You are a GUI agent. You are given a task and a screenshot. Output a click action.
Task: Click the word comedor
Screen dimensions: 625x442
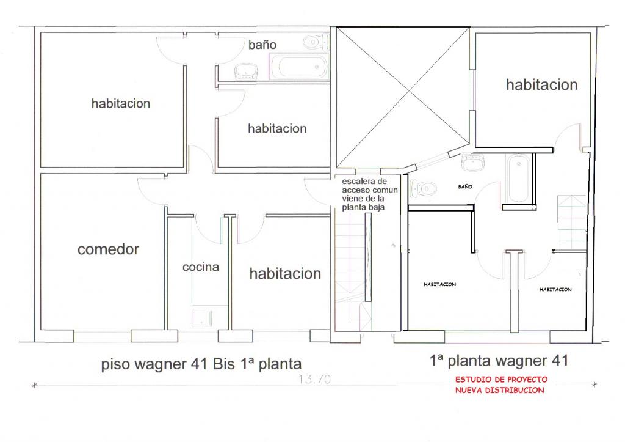pyautogui.click(x=108, y=249)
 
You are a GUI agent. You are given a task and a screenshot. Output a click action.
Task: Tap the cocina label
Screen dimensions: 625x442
pyautogui.click(x=200, y=267)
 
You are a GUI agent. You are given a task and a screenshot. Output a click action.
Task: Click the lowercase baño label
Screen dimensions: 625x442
pyautogui.click(x=262, y=44)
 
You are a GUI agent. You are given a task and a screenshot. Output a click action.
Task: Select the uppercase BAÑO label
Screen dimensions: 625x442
pyautogui.click(x=465, y=186)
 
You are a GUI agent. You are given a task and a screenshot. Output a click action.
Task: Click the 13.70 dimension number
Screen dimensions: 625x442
pyautogui.click(x=314, y=379)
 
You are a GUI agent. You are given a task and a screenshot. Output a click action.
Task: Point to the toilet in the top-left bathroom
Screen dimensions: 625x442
pyautogui.click(x=316, y=42)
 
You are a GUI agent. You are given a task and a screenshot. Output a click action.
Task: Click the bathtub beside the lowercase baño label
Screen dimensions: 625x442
pyautogui.click(x=299, y=67)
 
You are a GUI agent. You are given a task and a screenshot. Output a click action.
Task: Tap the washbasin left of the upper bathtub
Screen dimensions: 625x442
pyautogui.click(x=246, y=72)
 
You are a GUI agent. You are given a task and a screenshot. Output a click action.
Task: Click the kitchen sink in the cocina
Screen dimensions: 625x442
pyautogui.click(x=201, y=319)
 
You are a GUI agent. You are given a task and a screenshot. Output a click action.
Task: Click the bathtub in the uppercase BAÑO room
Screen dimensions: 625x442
pyautogui.click(x=518, y=178)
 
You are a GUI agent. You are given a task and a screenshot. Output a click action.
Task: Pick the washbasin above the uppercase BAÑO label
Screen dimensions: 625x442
pyautogui.click(x=473, y=163)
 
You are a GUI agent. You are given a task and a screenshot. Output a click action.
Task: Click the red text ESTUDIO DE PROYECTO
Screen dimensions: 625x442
pyautogui.click(x=502, y=379)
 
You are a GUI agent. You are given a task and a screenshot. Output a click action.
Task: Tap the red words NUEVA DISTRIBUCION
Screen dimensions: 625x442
pyautogui.click(x=500, y=390)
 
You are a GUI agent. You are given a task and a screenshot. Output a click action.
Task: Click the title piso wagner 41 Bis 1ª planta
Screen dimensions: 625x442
pyautogui.click(x=201, y=364)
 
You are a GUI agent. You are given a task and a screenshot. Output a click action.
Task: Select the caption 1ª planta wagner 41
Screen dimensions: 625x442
pyautogui.click(x=499, y=361)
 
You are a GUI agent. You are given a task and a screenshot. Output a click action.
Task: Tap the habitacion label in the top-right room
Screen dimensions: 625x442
pyautogui.click(x=542, y=84)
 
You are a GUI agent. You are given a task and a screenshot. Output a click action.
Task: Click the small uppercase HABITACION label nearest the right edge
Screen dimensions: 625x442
pyautogui.click(x=555, y=290)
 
